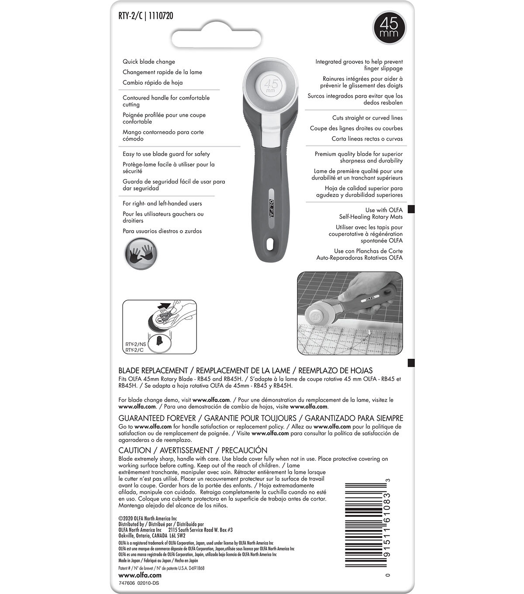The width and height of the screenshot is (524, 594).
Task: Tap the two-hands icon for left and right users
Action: [141, 253]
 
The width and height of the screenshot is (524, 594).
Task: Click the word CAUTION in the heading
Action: [134, 450]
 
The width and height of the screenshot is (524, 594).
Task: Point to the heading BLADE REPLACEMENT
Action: [153, 370]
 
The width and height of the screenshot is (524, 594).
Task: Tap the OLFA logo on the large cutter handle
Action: [271, 205]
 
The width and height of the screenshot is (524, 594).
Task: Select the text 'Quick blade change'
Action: [149, 62]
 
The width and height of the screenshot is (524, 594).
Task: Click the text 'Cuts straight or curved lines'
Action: [367, 118]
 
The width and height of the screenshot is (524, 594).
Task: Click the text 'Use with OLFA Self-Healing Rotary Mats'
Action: [371, 213]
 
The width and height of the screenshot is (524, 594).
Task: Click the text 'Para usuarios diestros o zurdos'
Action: [162, 231]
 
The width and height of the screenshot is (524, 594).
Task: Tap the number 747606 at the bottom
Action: [127, 583]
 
